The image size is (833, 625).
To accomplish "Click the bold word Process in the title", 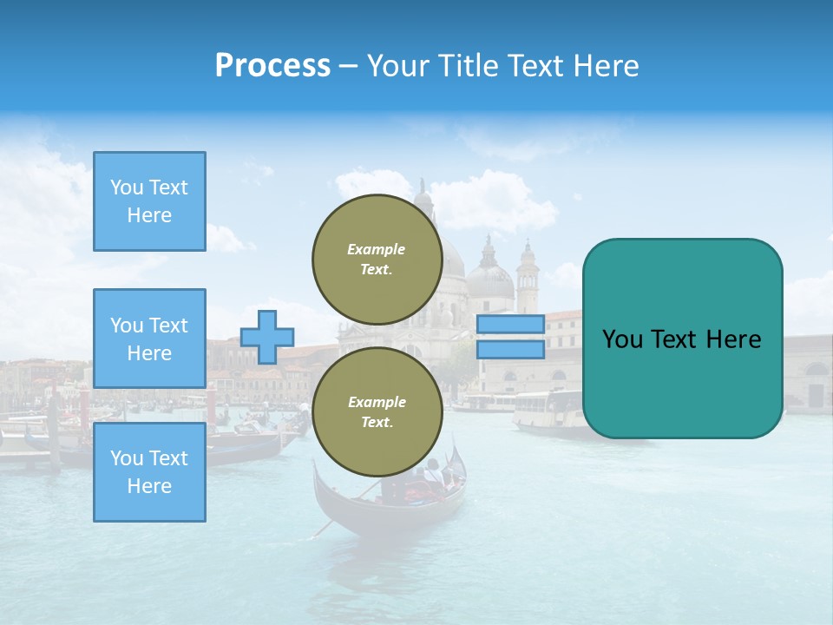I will pos(272,66).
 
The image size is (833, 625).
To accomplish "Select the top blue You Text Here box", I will pos(149,201).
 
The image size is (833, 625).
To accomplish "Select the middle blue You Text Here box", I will pos(149,339).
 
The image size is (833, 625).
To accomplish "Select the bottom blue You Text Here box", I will pos(149,471).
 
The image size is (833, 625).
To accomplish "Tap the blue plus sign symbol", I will pos(267,337).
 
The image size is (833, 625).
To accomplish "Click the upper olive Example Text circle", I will pos(377,259).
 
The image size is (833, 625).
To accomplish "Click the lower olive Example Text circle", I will pos(377,411).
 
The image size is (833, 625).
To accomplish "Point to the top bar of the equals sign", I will pos(510,324).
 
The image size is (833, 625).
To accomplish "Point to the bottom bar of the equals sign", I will pos(510,349).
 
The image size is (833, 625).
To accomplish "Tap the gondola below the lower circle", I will pos(390,503).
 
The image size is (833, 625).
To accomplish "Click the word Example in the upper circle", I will pos(377,249).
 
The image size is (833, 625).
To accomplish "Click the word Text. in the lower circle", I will pos(377,422).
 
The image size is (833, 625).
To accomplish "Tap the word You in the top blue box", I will pos(126,187).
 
